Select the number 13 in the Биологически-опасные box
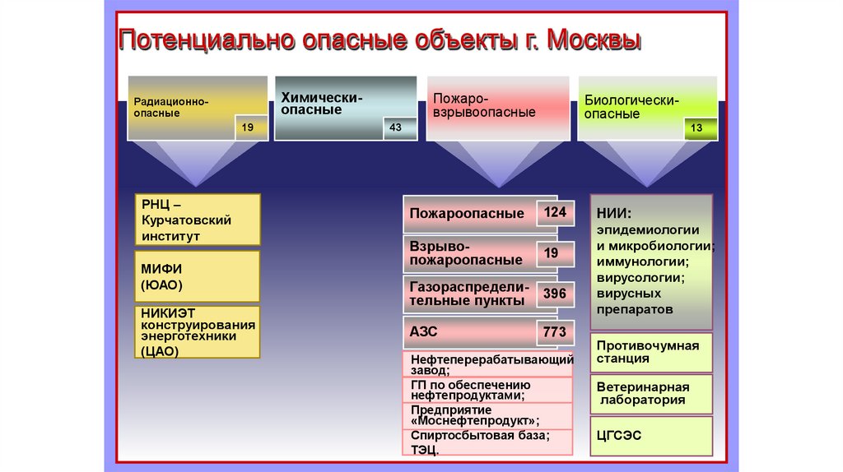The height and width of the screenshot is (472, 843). pos(696,127)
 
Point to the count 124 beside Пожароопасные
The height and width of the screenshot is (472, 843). pos(555,212)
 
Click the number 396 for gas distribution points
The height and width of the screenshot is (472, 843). pos(555,293)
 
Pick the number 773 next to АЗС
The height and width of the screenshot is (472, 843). pos(555,332)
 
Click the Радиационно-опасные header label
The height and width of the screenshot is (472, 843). pos(171,106)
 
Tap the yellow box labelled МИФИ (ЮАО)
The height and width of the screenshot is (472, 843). pos(198,277)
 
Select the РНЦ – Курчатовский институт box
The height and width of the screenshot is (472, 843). pos(198,220)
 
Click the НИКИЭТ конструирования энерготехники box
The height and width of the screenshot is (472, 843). pos(198,332)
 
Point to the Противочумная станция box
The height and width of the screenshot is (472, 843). pos(651,352)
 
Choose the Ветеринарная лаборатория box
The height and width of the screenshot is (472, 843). pos(651,393)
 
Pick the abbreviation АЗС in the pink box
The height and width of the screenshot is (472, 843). pos(423,332)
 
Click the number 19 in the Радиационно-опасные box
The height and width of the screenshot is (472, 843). pos(248,127)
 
